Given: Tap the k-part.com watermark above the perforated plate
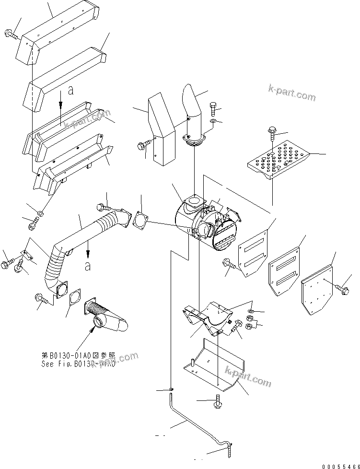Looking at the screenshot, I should click(x=291, y=92).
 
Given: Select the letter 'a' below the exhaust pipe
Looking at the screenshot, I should click(x=88, y=266).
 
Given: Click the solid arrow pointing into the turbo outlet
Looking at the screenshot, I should click(x=93, y=330).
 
